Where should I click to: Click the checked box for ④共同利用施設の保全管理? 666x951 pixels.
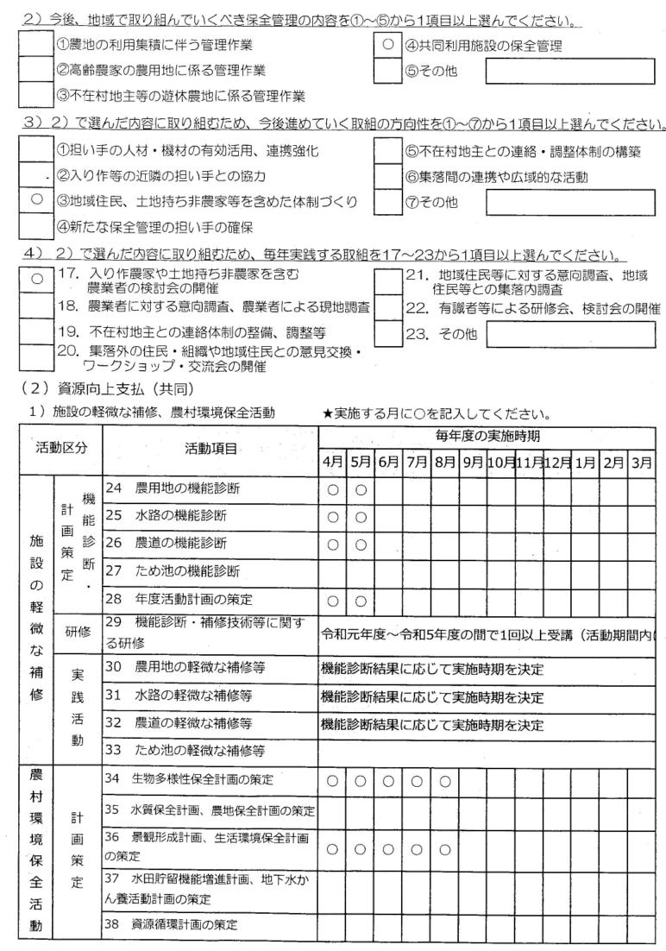click(x=387, y=44)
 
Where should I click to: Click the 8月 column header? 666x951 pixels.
click(x=444, y=461)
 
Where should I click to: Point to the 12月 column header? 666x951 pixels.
click(x=556, y=461)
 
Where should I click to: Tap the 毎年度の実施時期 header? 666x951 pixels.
click(x=487, y=438)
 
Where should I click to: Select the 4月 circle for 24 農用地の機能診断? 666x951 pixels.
click(x=332, y=488)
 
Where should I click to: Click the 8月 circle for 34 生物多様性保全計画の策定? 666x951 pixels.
click(x=444, y=780)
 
